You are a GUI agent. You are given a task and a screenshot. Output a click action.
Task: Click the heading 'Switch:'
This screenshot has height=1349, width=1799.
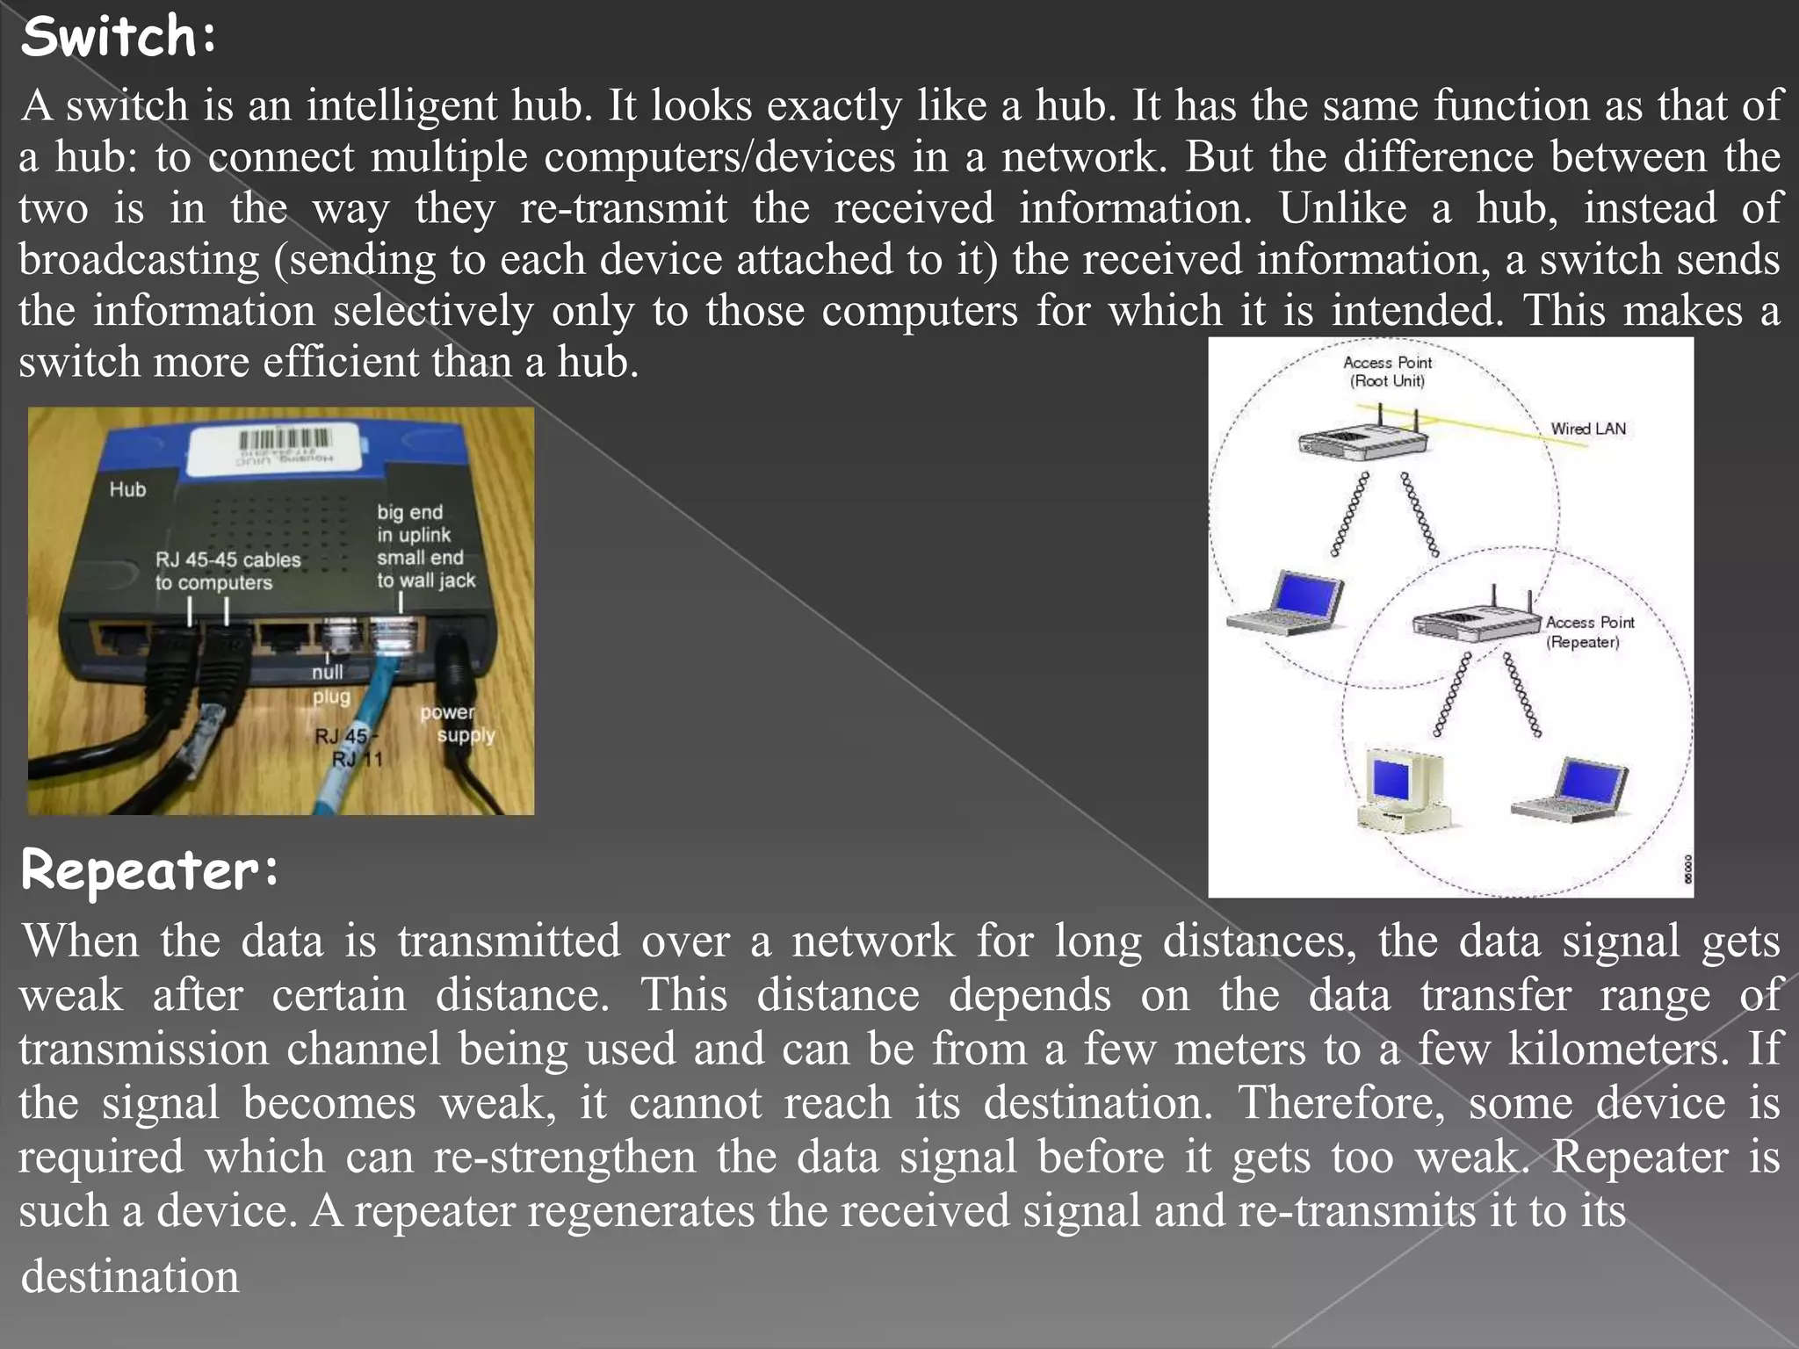(119, 38)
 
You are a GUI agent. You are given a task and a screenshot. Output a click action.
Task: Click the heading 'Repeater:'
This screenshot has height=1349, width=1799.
(149, 870)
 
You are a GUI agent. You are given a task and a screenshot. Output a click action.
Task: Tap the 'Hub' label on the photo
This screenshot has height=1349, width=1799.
(127, 489)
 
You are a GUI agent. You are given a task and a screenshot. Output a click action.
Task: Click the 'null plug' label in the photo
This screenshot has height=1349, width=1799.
(330, 684)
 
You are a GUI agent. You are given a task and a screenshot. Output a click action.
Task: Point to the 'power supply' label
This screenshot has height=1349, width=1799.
(457, 723)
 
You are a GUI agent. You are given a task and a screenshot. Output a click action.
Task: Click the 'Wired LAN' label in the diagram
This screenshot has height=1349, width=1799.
(1587, 429)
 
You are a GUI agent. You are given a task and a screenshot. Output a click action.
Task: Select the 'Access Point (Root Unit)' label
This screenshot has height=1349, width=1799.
(1387, 372)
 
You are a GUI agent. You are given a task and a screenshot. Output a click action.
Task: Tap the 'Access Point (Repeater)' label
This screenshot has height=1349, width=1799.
(1589, 631)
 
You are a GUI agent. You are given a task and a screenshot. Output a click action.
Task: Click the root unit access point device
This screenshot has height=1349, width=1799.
(1362, 436)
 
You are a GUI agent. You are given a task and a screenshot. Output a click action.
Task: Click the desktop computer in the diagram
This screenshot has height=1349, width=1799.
(1402, 790)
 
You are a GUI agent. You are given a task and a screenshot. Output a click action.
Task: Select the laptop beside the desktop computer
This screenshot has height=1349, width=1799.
(1571, 791)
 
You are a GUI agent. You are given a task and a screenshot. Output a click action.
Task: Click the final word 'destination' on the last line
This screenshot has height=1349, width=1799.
(130, 1276)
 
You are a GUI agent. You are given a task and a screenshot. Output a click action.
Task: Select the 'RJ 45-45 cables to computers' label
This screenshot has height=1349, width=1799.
(228, 571)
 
